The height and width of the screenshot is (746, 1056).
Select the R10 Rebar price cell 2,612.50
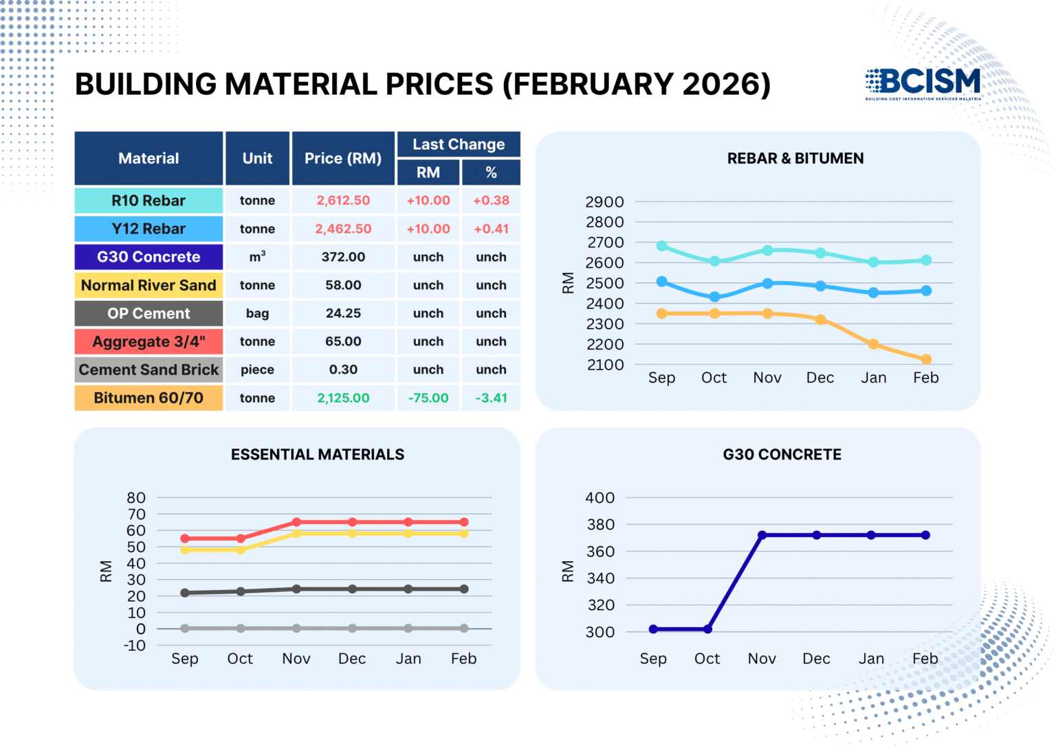coord(343,201)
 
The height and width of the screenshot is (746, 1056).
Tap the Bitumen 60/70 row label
coord(148,398)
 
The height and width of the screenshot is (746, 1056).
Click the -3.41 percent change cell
coord(491,398)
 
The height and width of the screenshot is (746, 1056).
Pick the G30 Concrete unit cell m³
coord(257,257)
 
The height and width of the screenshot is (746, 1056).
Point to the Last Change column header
coord(459,144)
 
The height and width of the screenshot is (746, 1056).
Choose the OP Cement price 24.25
coord(343,313)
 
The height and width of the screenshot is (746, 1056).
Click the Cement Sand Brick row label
coord(148,370)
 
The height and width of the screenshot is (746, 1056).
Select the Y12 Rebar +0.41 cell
coord(491,229)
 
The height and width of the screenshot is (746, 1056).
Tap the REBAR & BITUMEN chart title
coord(795,158)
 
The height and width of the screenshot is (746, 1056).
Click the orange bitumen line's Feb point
coord(926,359)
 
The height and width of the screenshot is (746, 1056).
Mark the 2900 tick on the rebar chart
coord(604,202)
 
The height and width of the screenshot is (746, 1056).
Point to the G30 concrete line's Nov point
coord(762,535)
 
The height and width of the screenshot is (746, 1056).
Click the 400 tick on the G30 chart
coord(599,497)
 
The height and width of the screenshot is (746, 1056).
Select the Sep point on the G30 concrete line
coord(653,629)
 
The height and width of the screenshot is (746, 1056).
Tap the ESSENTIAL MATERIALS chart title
coord(318,455)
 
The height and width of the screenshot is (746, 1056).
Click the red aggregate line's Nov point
coord(296,522)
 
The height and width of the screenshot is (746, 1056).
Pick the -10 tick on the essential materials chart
coord(135,646)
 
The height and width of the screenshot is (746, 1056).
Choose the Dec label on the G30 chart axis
coord(816,659)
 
